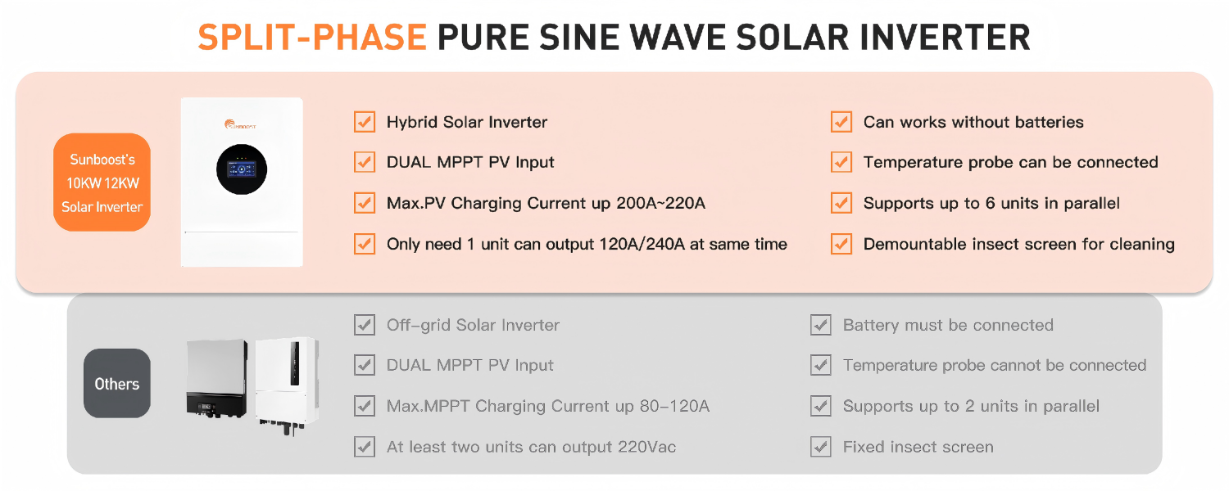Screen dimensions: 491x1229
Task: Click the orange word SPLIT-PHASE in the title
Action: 312,38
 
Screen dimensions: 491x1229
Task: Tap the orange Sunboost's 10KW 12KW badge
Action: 102,182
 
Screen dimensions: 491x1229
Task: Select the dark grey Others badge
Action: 117,384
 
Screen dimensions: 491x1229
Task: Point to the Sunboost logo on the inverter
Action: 242,124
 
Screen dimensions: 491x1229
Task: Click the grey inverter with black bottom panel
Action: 217,378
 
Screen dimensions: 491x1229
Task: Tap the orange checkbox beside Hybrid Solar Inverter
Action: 365,122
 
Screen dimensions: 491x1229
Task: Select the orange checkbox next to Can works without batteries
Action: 841,122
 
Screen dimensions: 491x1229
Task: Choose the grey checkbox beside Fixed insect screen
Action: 821,447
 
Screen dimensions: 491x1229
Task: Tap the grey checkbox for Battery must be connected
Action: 821,325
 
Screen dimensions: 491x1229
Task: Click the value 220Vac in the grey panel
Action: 645,447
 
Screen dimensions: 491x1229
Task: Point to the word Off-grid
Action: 419,325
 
